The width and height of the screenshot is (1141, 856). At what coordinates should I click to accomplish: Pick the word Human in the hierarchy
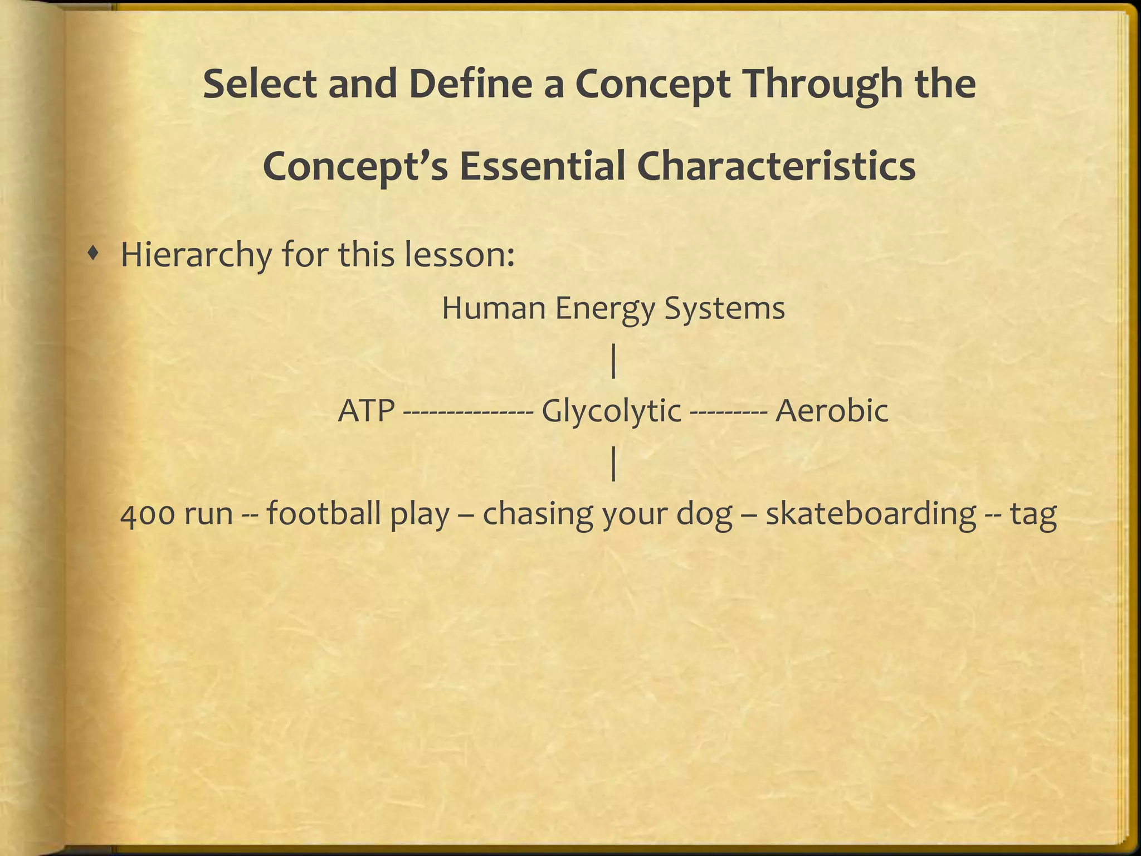[493, 308]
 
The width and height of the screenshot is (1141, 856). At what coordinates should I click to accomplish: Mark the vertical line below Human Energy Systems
[613, 361]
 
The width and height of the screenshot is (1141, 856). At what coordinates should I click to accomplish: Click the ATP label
[367, 411]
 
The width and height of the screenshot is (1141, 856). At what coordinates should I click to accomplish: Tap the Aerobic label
[832, 411]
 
